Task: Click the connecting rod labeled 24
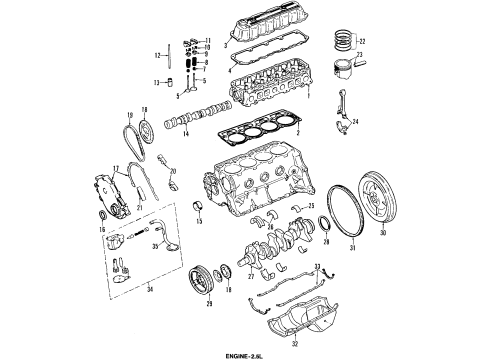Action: click(x=343, y=112)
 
